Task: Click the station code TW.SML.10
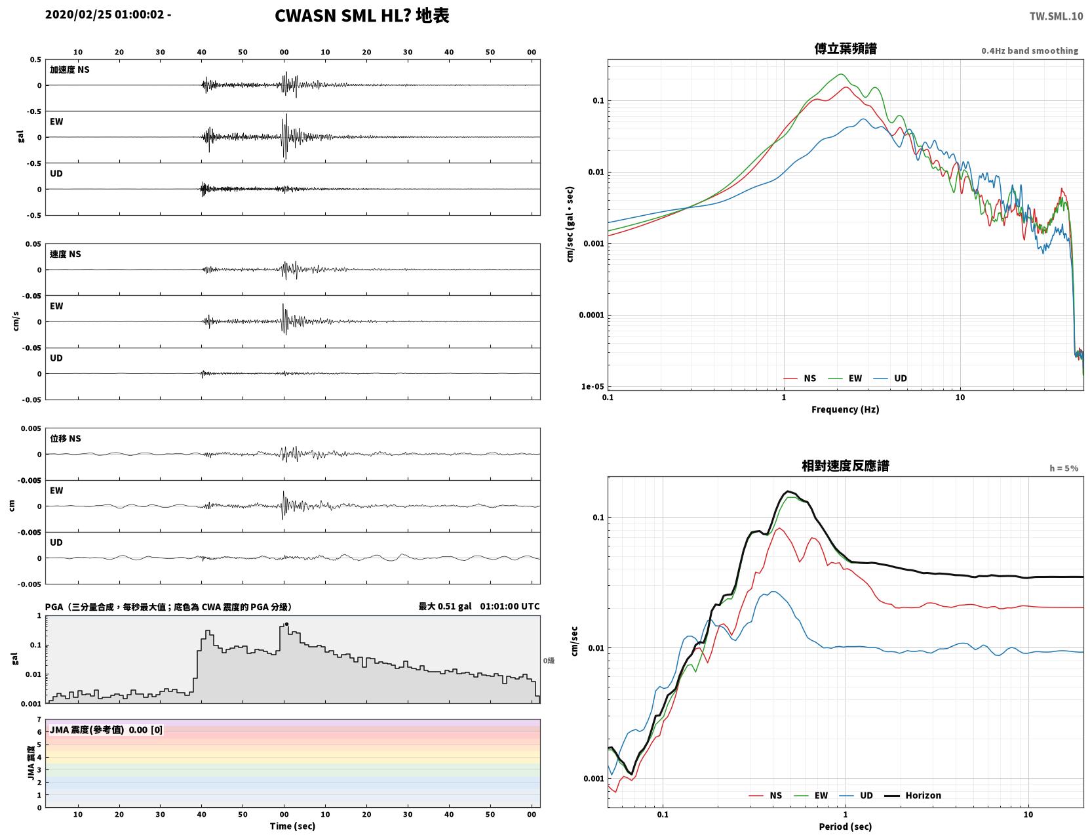[x=1056, y=16]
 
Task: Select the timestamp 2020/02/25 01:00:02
[x=104, y=14]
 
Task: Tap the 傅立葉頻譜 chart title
[x=846, y=49]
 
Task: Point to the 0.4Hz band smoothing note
[x=1029, y=51]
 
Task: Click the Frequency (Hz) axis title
[x=846, y=409]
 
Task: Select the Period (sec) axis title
[x=846, y=827]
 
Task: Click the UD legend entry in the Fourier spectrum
[x=890, y=379]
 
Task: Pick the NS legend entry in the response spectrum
[x=766, y=795]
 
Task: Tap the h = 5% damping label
[x=1063, y=468]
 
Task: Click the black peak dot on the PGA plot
[x=286, y=624]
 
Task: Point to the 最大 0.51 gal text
[x=445, y=606]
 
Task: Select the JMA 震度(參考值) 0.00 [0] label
[x=106, y=729]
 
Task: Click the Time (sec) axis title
[x=292, y=826]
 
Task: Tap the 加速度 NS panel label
[x=69, y=70]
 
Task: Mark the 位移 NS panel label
[x=65, y=439]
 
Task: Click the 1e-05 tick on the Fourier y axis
[x=593, y=386]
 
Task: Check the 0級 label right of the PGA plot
[x=549, y=661]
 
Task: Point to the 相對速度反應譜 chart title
[x=846, y=466]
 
